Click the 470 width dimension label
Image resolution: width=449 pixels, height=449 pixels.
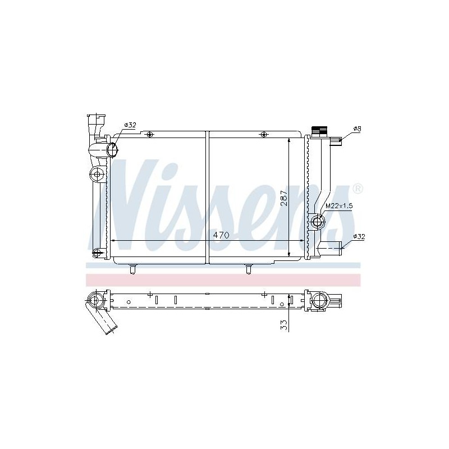(221, 235)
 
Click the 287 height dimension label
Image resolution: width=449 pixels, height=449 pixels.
(284, 198)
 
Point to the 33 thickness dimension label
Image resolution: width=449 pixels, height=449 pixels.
(284, 325)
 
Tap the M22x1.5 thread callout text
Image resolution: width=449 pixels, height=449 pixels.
(339, 205)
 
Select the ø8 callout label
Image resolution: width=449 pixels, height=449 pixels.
(357, 129)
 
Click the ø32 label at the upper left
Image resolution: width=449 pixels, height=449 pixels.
(130, 125)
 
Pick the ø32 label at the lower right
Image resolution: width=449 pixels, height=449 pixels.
(359, 236)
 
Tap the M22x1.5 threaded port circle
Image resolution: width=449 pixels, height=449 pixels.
(318, 221)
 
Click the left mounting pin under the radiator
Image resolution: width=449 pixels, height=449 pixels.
(132, 269)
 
